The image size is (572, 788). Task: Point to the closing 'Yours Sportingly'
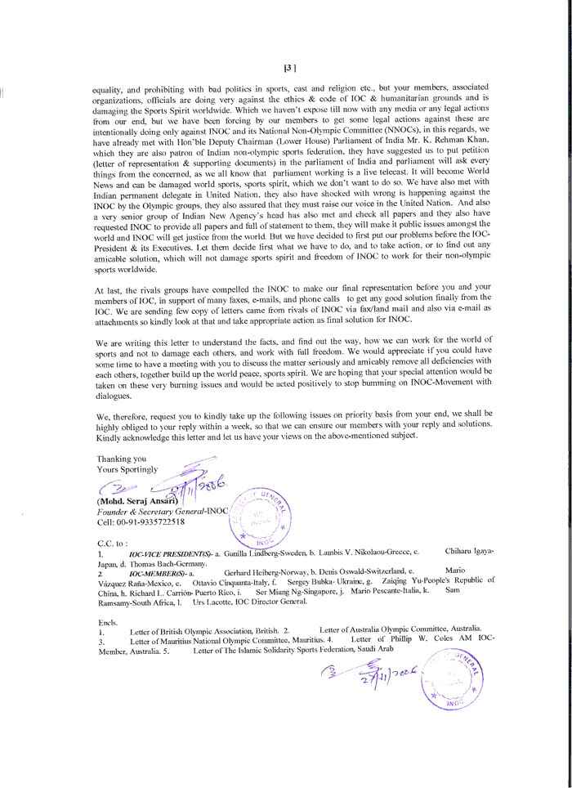(127, 470)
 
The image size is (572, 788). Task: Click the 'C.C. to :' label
(113, 543)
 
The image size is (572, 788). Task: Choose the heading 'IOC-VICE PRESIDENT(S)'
(168, 553)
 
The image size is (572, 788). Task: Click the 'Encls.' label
(107, 621)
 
